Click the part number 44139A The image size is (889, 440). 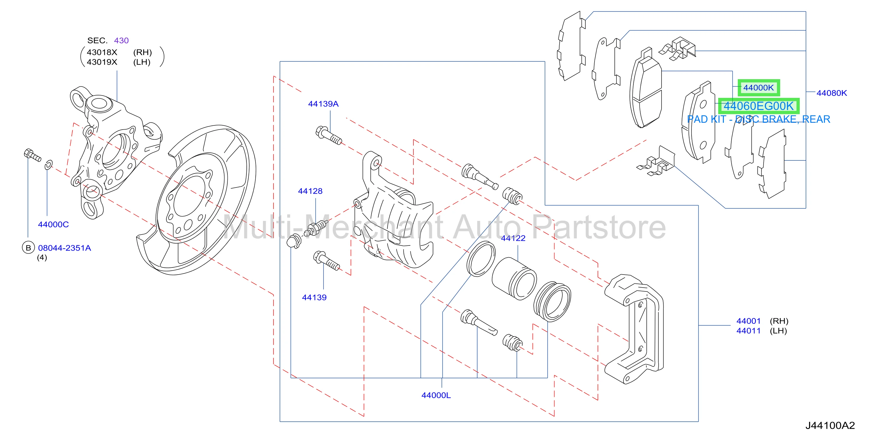click(x=323, y=104)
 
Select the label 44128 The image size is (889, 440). click(x=310, y=191)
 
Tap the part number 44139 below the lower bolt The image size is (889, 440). click(x=314, y=297)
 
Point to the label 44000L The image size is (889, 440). click(x=436, y=396)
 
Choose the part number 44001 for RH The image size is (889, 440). click(x=748, y=321)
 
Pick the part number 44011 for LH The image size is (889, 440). click(x=748, y=331)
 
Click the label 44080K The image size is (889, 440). click(x=831, y=93)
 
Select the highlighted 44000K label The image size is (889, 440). click(x=759, y=88)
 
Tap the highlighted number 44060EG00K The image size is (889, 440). click(x=759, y=106)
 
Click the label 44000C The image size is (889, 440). click(x=53, y=224)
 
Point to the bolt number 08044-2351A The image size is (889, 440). click(x=65, y=248)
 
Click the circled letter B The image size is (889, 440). click(x=28, y=248)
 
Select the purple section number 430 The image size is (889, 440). click(x=121, y=40)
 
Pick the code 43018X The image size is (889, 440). click(x=102, y=52)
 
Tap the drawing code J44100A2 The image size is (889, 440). click(x=830, y=425)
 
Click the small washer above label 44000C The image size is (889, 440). click(x=49, y=165)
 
